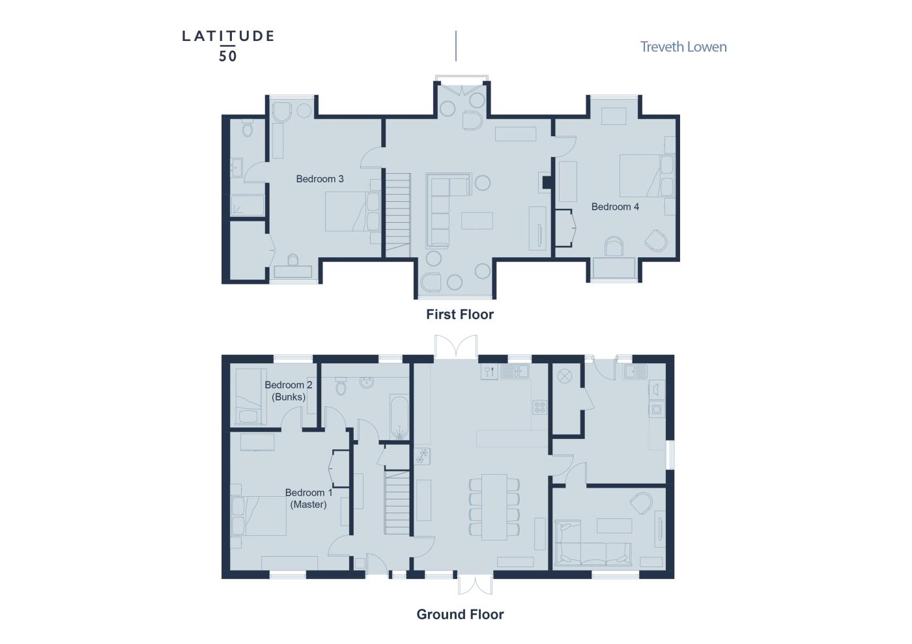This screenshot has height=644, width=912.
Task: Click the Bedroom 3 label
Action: pos(320,178)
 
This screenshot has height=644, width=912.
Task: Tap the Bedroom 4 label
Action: pos(615,207)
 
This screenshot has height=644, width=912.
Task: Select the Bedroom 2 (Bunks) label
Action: pos(288,391)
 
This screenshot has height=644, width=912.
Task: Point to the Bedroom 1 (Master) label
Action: pos(309,498)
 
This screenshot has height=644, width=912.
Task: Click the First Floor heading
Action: pos(460,315)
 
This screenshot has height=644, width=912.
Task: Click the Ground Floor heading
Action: pos(460,614)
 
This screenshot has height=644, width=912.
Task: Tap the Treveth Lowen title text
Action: pos(683,47)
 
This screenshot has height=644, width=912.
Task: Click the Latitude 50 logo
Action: pos(227,46)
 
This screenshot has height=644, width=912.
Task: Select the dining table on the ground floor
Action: pos(494,507)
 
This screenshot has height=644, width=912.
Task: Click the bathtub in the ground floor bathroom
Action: pos(399,417)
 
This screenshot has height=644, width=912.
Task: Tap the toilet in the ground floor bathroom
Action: pos(341,386)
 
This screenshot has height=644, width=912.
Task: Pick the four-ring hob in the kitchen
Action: pos(540,407)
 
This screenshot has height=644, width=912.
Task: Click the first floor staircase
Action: pos(398,216)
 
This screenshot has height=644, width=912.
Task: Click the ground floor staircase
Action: pos(397,502)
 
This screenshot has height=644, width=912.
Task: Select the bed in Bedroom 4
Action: pos(646,175)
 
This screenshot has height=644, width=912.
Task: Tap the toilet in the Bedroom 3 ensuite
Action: pos(247,128)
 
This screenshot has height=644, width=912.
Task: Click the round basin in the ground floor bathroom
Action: pos(367,382)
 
